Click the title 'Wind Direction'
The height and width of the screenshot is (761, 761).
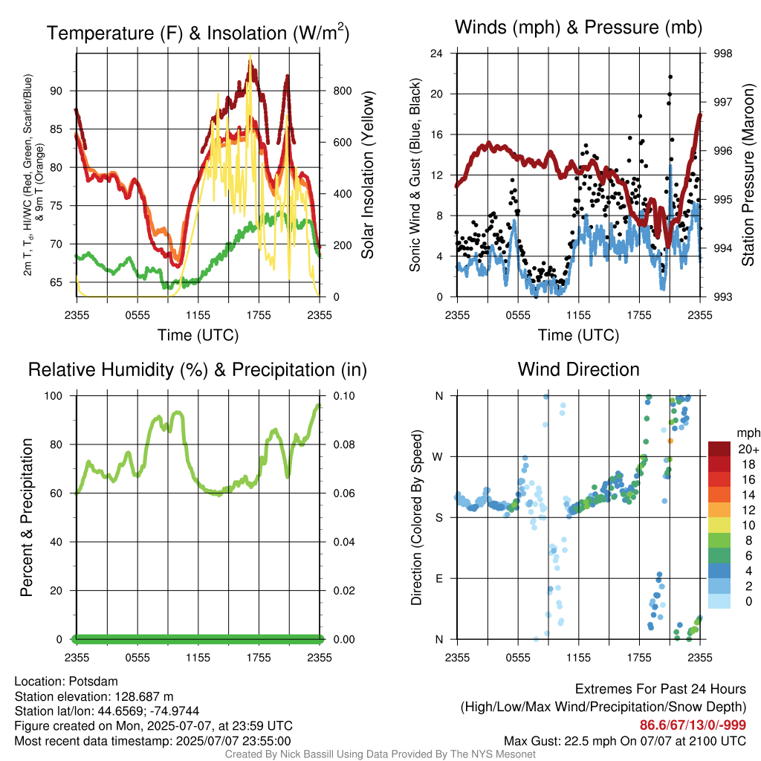click(x=578, y=369)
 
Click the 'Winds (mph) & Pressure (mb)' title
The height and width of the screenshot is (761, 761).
click(x=578, y=27)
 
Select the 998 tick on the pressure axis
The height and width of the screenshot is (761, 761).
click(x=722, y=54)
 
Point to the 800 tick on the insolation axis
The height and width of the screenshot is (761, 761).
click(x=342, y=91)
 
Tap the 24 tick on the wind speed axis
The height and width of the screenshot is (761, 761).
click(x=436, y=54)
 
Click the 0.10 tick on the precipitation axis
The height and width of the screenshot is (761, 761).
click(x=344, y=396)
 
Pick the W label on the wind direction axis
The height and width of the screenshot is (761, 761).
click(x=438, y=457)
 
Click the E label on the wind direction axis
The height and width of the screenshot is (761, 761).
click(x=439, y=578)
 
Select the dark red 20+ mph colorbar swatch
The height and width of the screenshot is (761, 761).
click(x=719, y=449)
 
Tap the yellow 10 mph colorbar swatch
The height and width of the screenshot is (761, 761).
click(x=719, y=525)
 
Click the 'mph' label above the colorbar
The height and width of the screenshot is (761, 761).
click(x=748, y=433)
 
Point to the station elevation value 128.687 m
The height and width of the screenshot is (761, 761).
click(x=143, y=696)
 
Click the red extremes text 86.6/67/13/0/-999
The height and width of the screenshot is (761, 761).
click(x=693, y=725)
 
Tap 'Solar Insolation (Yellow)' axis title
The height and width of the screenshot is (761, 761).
click(x=368, y=175)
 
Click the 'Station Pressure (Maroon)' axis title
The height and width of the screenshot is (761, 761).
click(x=748, y=175)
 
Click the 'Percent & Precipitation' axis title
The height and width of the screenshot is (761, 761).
click(x=26, y=517)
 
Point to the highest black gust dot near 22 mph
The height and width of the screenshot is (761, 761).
click(x=670, y=77)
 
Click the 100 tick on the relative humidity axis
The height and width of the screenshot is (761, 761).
click(x=54, y=396)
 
